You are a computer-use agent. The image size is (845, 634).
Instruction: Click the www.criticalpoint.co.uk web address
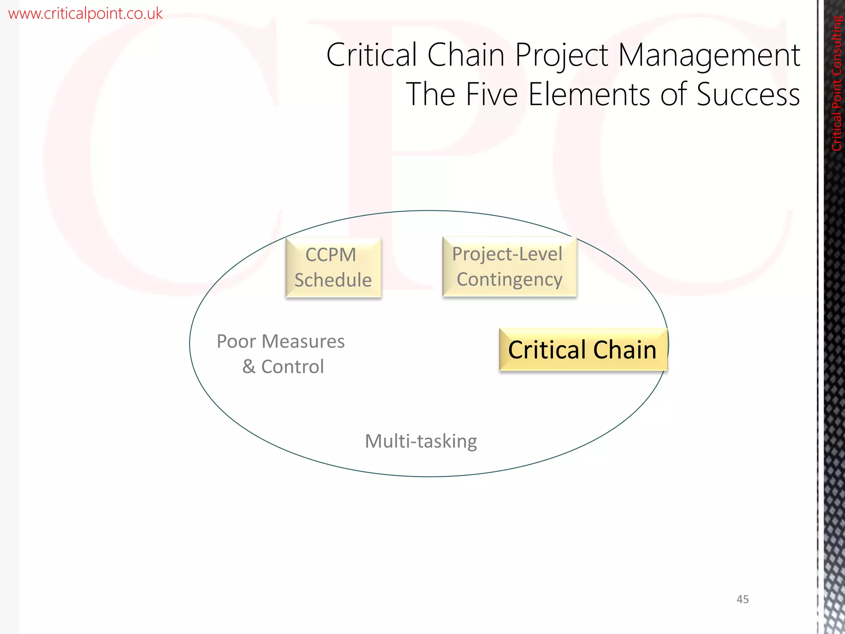(85, 14)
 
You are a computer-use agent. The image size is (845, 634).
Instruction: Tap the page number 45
(742, 599)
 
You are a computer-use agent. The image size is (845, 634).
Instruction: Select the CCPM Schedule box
(333, 267)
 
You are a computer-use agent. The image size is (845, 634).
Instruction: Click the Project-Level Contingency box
(509, 267)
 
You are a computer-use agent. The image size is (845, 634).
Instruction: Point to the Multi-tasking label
(421, 441)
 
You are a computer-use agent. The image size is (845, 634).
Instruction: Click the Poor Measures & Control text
(281, 354)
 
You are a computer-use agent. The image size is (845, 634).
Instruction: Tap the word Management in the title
(709, 55)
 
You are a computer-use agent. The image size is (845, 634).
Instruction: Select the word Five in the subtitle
(491, 94)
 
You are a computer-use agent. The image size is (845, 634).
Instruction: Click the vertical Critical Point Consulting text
(836, 83)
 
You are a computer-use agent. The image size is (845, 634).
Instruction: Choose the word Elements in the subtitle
(589, 94)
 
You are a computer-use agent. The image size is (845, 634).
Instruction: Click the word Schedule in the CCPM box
(333, 280)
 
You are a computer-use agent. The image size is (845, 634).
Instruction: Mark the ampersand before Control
(249, 367)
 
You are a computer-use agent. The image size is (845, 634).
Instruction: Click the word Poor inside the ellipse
(236, 342)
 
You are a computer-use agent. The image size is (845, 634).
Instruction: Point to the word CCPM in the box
(330, 255)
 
